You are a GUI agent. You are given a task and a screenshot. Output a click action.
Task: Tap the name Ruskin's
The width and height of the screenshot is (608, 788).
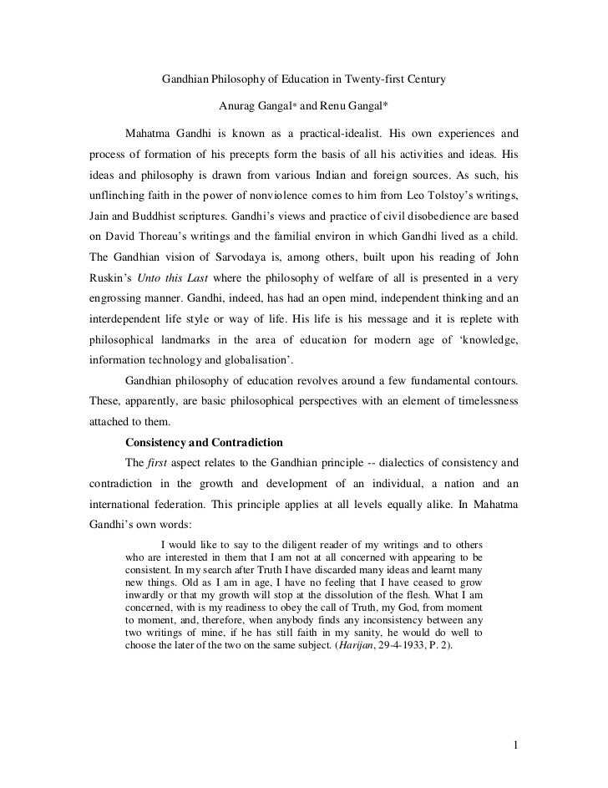click(110, 277)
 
